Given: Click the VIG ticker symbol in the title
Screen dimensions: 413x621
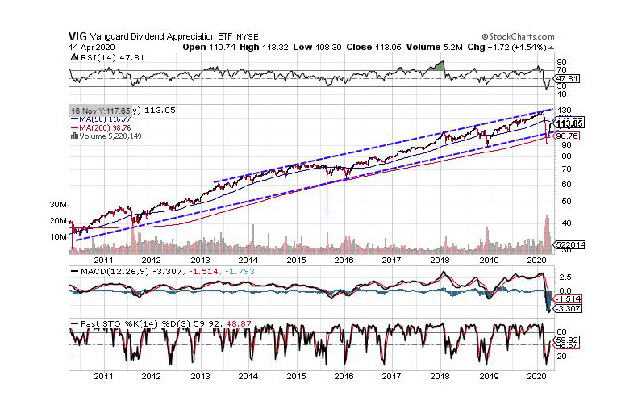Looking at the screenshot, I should pyautogui.click(x=78, y=36).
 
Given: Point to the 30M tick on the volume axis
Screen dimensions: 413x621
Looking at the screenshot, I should pyautogui.click(x=56, y=205).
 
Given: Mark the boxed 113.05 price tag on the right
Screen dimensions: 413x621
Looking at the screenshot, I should pyautogui.click(x=571, y=123).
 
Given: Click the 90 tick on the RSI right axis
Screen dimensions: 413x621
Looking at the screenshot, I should pyautogui.click(x=561, y=61).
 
